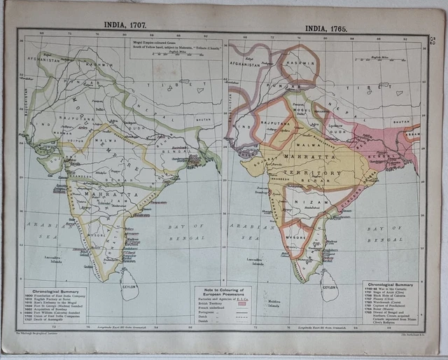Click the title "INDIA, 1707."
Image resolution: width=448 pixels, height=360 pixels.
[127, 24]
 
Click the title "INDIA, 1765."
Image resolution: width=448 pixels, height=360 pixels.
[326, 28]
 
